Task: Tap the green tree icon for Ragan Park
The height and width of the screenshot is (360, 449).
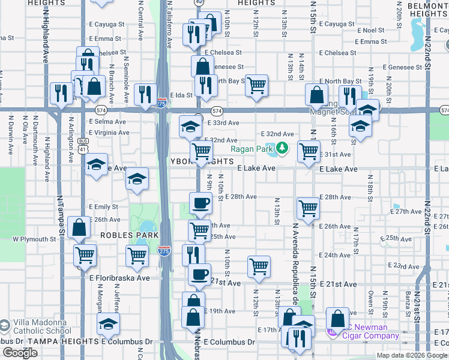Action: pos(282,148)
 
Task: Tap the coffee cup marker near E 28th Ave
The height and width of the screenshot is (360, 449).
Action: pos(200,202)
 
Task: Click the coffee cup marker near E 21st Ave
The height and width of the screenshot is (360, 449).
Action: pos(200,274)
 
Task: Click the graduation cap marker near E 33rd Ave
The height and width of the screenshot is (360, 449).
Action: pos(190,126)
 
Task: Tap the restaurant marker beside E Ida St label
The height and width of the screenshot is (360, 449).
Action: pos(145,94)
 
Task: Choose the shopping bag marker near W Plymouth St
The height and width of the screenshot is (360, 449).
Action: pos(79,227)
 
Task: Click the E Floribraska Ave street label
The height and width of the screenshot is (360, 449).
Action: pos(119,278)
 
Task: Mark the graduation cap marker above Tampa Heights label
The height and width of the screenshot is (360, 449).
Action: pos(108,323)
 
